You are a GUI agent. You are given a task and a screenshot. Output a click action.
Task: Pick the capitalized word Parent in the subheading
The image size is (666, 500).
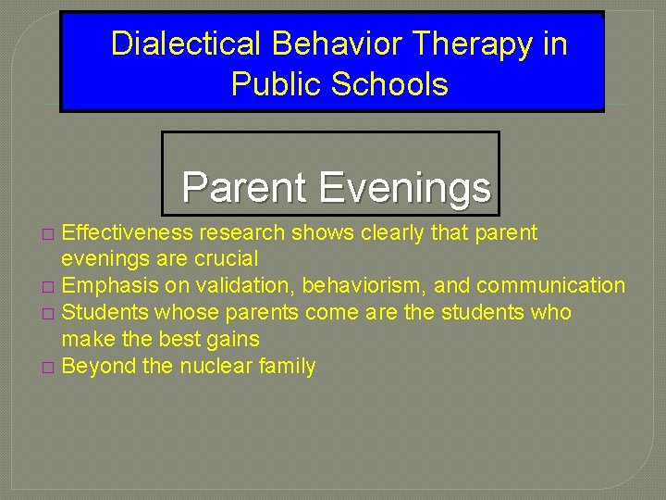pos(244,187)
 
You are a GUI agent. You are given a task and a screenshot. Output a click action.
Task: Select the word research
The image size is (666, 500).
pos(237,231)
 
